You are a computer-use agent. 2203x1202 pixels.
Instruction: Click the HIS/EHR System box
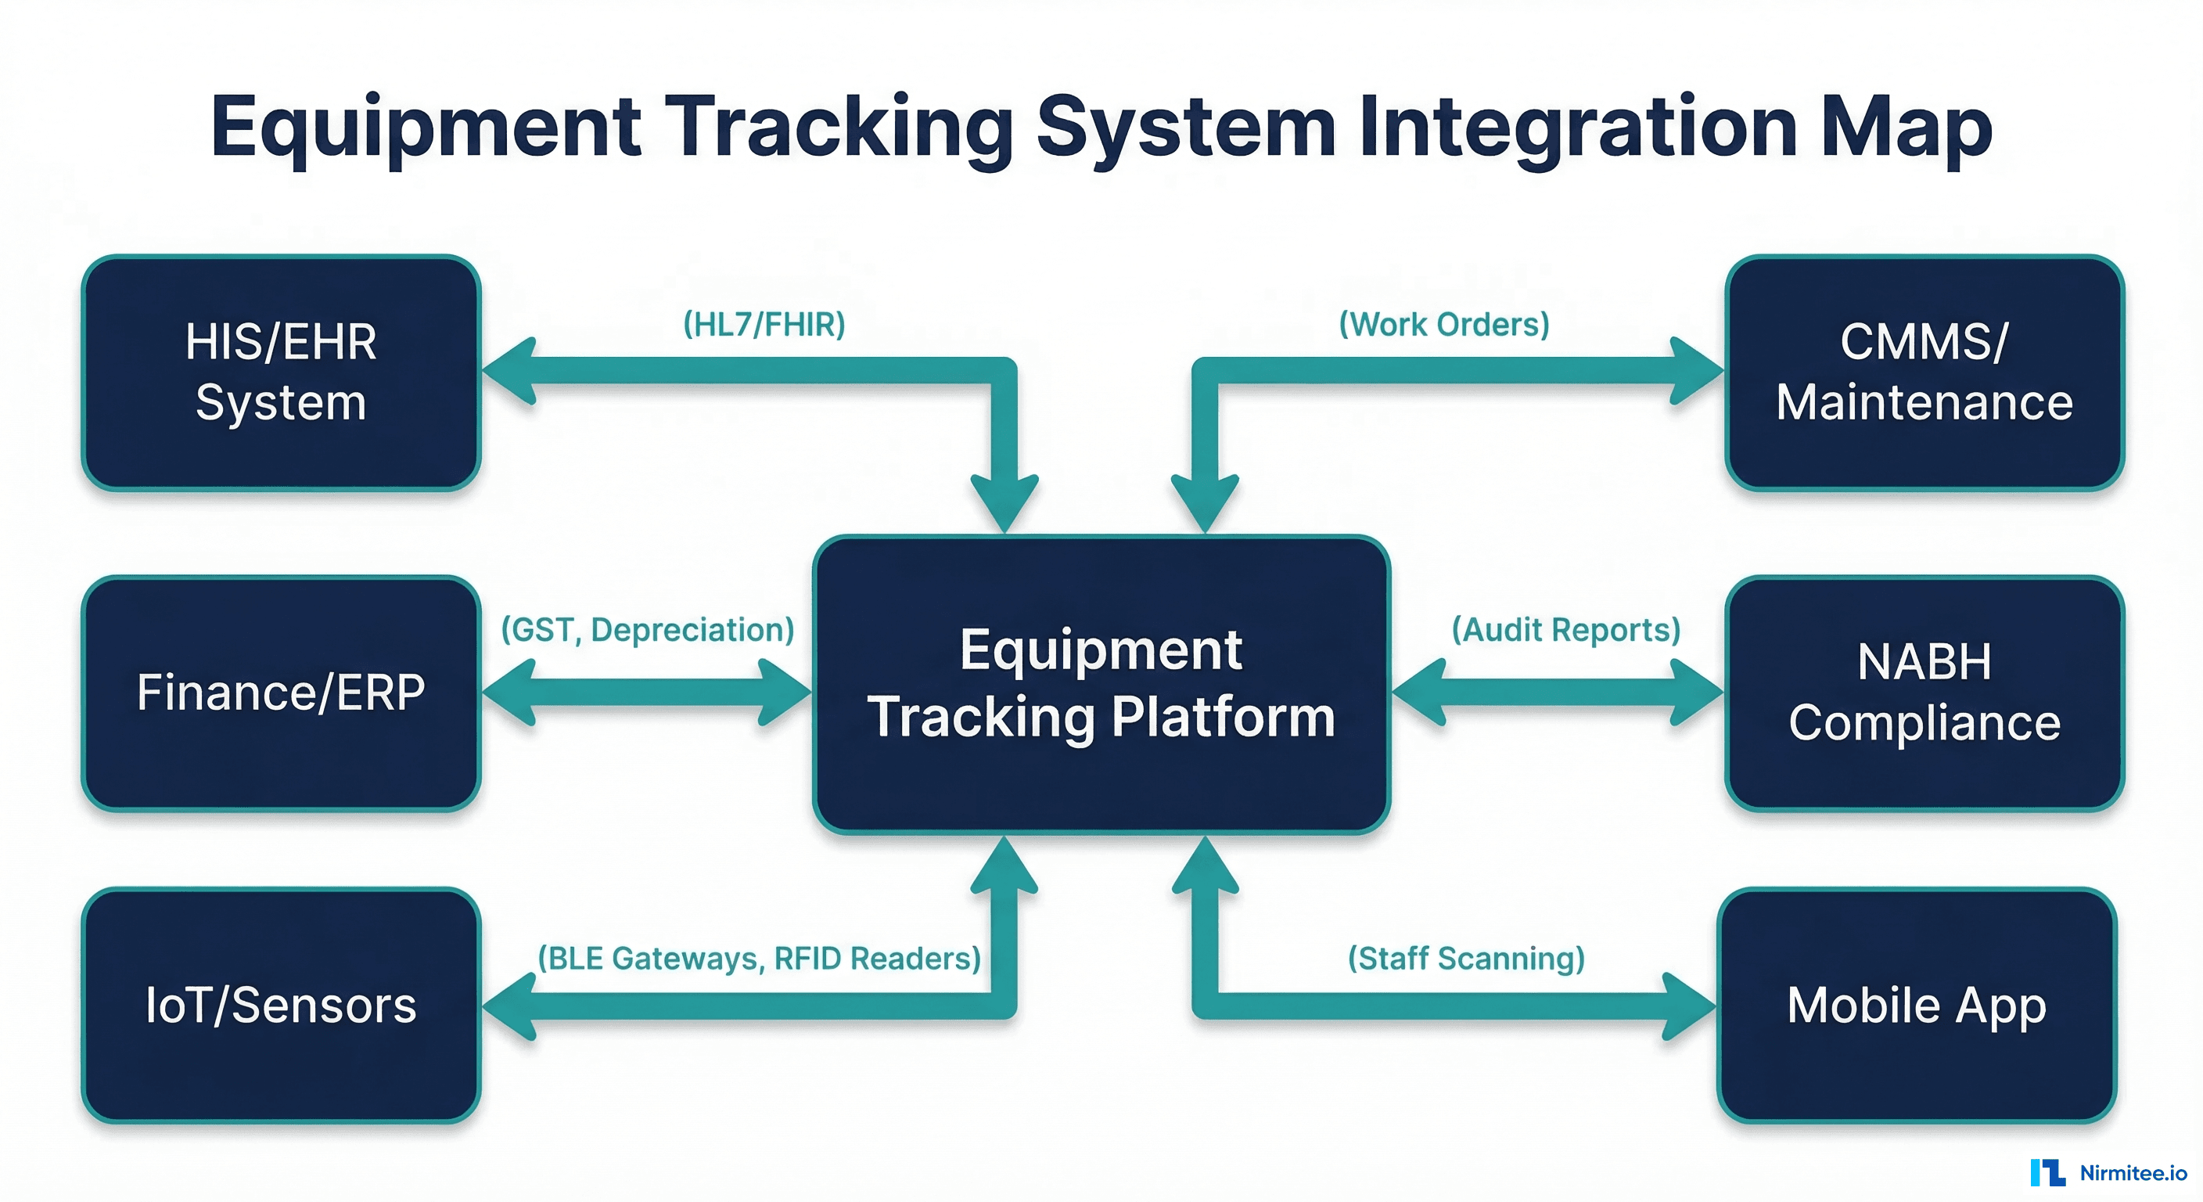[x=281, y=372]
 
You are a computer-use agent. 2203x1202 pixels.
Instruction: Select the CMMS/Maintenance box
[x=1924, y=372]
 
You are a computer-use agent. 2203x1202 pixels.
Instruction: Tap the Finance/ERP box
[x=281, y=693]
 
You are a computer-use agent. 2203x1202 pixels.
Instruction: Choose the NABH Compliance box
[x=1924, y=693]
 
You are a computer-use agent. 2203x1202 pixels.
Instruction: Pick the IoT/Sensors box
[x=281, y=1006]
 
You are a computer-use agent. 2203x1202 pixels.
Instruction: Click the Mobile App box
[x=1916, y=1006]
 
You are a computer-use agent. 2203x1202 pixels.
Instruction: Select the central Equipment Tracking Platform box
[x=1101, y=685]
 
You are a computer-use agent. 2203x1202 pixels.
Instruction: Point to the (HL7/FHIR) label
[x=764, y=324]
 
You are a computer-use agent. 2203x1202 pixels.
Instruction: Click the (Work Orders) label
[x=1443, y=324]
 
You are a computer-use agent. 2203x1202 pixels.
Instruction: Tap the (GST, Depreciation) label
[x=648, y=630]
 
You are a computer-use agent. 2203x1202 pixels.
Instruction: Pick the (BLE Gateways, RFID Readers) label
[x=759, y=958]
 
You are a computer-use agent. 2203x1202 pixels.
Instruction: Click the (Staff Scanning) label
[x=1466, y=958]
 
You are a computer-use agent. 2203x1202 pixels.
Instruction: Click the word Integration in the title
[x=1578, y=128]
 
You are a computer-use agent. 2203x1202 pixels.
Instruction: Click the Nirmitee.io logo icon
[x=2047, y=1172]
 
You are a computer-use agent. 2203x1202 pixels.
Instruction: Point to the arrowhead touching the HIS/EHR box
[x=512, y=370]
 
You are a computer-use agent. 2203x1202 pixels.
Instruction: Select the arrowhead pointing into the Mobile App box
[x=1689, y=1006]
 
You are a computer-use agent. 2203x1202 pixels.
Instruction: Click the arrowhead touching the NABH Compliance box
[x=1696, y=692]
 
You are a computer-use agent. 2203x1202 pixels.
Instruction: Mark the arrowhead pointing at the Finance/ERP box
[x=512, y=692]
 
